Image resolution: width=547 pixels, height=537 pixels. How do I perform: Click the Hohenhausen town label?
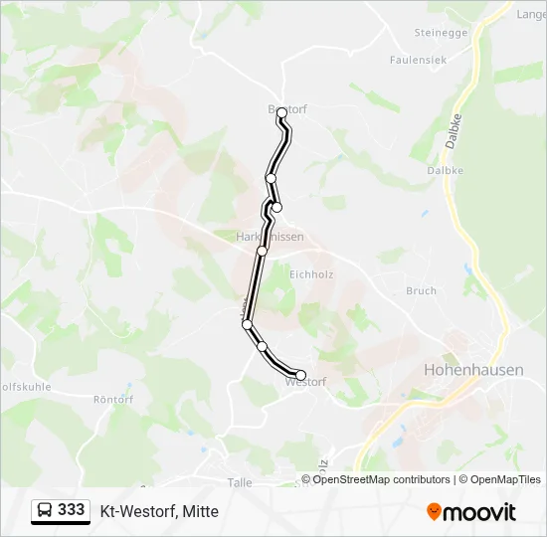(x=473, y=369)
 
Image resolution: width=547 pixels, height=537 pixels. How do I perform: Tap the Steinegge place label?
(x=441, y=33)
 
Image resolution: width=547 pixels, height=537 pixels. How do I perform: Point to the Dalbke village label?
(x=445, y=170)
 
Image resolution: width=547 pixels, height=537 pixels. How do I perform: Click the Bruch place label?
(x=421, y=291)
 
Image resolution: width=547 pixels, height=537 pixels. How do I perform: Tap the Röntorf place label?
(x=112, y=399)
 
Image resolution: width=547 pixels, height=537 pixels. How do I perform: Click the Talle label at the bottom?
(x=240, y=481)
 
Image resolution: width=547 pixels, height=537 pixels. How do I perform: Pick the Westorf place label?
(x=304, y=382)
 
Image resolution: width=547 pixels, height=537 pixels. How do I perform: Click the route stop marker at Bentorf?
(x=282, y=112)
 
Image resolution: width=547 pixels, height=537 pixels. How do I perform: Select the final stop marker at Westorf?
(x=301, y=375)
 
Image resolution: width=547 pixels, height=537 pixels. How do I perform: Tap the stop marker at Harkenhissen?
(x=263, y=251)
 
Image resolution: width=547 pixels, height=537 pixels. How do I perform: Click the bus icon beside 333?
(x=46, y=510)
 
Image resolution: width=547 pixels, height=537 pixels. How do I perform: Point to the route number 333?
(x=72, y=510)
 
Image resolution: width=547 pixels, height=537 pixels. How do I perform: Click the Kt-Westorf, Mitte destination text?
(x=159, y=511)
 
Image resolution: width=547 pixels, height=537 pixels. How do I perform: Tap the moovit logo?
(x=471, y=511)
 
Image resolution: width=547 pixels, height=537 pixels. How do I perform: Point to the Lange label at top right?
(x=530, y=14)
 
